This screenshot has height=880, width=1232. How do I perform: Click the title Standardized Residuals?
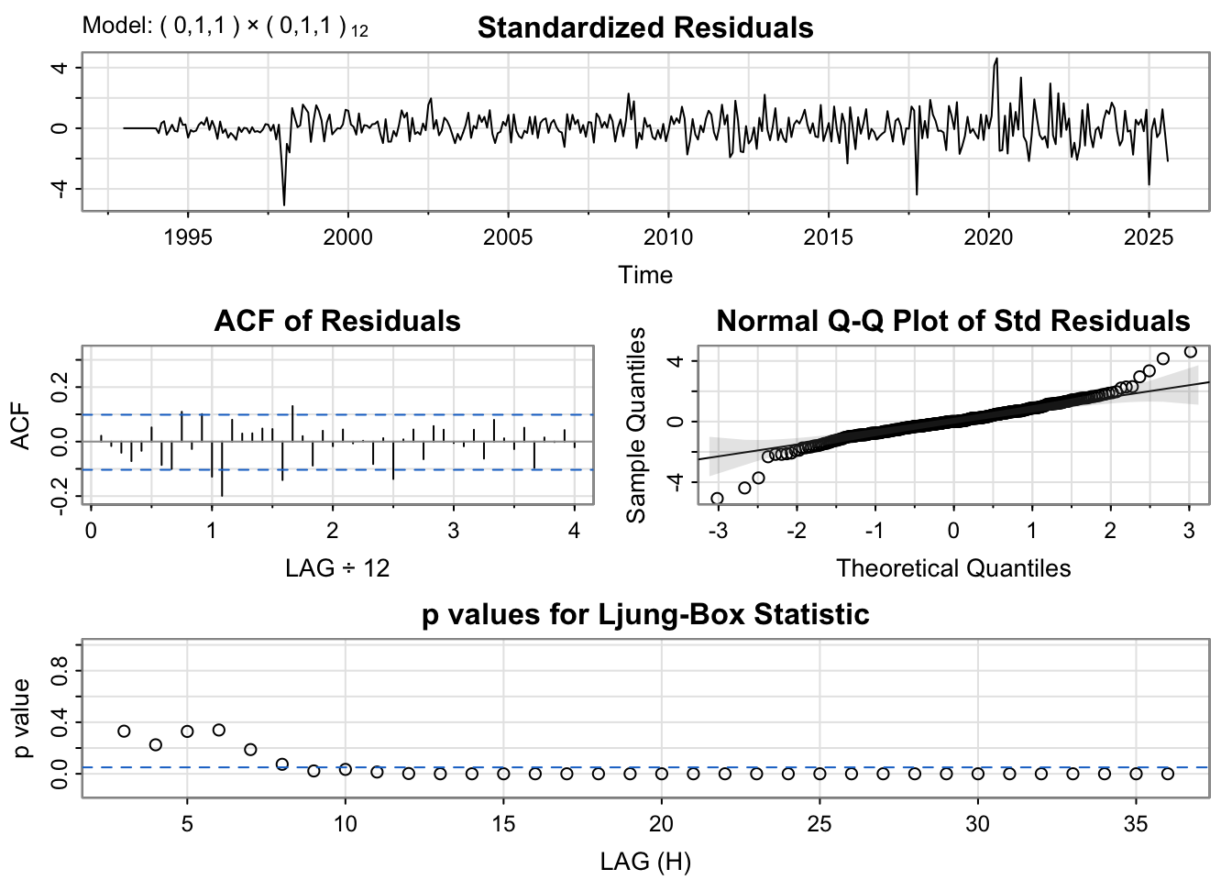(644, 28)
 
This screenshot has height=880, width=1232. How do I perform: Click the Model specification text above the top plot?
(225, 27)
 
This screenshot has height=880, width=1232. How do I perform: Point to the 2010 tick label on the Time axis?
(668, 237)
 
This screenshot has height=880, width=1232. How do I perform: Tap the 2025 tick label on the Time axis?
(1149, 237)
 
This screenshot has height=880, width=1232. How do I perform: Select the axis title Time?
(644, 275)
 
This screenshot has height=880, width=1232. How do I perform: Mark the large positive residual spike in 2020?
(996, 60)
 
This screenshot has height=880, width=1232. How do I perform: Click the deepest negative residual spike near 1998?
(284, 203)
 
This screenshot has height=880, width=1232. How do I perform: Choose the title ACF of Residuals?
(336, 322)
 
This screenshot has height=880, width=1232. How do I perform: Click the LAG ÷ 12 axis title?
(336, 568)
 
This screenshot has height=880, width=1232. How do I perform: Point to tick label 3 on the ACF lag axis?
(453, 531)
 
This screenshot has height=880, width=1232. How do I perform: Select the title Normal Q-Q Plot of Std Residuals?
(952, 322)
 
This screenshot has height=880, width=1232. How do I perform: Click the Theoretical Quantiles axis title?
(952, 568)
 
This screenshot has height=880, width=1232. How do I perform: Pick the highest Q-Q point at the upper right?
(1190, 351)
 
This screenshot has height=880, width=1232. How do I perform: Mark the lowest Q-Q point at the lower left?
(717, 499)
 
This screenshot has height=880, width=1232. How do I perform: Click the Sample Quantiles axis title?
(636, 424)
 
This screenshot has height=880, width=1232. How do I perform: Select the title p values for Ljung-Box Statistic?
(644, 614)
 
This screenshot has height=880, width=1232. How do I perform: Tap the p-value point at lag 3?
(124, 731)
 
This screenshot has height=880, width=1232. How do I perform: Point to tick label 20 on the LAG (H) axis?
(661, 824)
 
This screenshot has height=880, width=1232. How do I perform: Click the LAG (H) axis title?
(644, 862)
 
